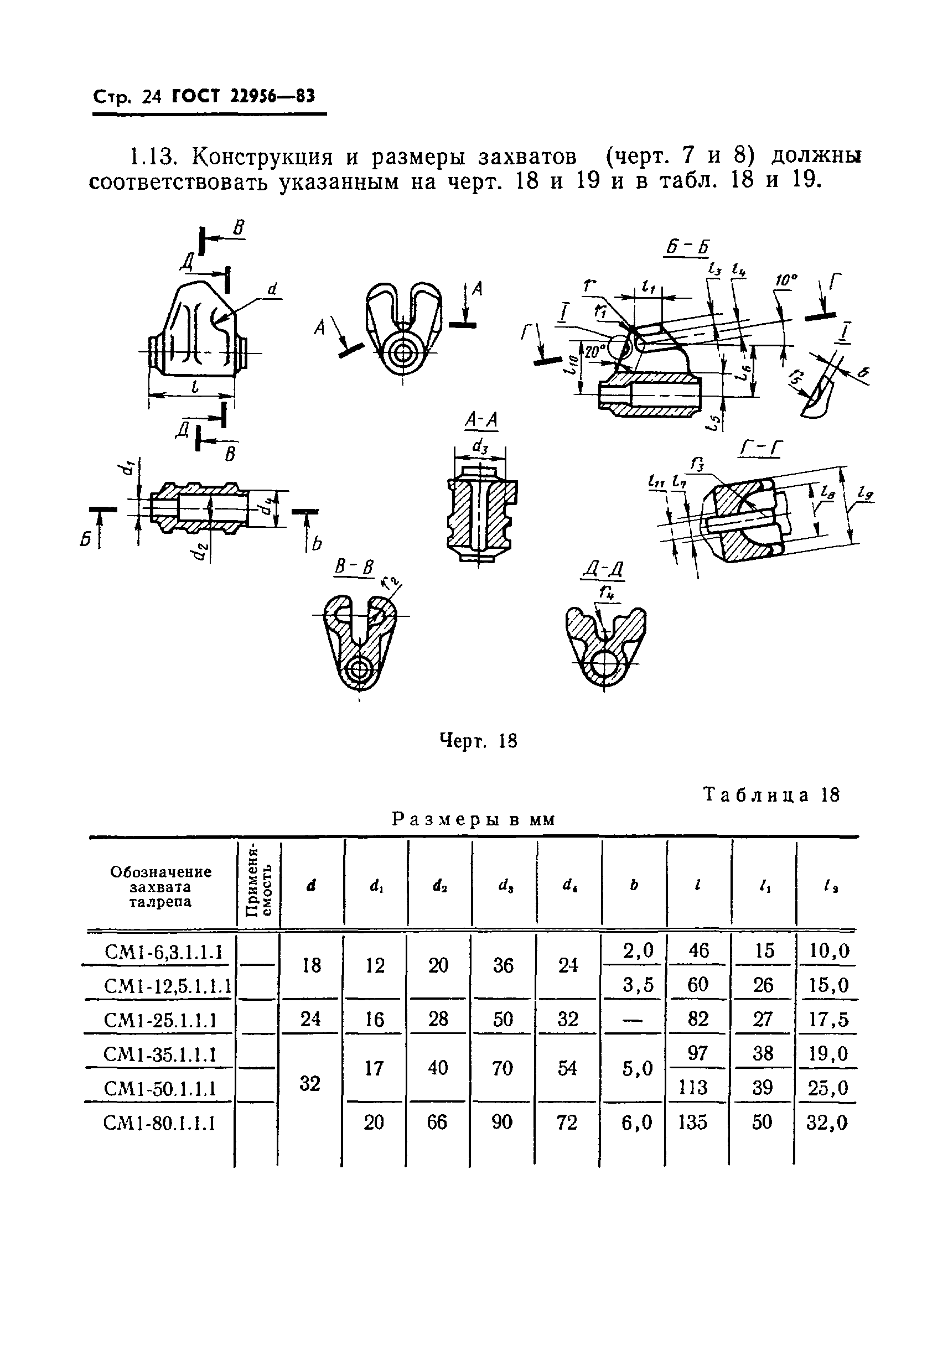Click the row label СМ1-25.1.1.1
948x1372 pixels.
click(159, 1021)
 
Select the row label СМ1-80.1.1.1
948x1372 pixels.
click(159, 1123)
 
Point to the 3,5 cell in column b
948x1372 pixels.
click(638, 985)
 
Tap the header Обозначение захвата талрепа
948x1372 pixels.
click(160, 886)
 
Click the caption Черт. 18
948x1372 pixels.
click(478, 741)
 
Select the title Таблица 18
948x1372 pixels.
click(771, 795)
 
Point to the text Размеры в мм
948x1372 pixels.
click(473, 820)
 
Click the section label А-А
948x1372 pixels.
click(481, 420)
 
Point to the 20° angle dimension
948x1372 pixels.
click(593, 351)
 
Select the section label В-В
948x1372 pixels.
click(354, 567)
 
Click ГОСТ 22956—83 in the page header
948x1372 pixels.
click(243, 96)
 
